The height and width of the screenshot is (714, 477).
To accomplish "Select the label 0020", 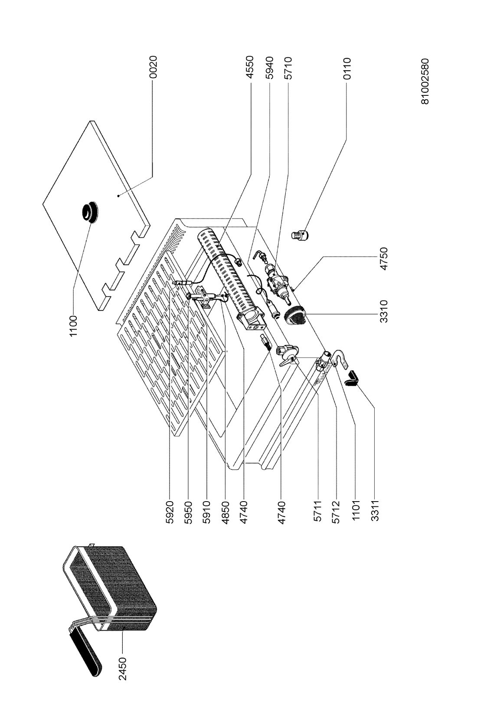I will pos(154,67).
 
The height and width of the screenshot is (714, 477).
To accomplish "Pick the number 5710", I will pos(288,67).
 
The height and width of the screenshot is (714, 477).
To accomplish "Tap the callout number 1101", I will pos(356,512).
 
